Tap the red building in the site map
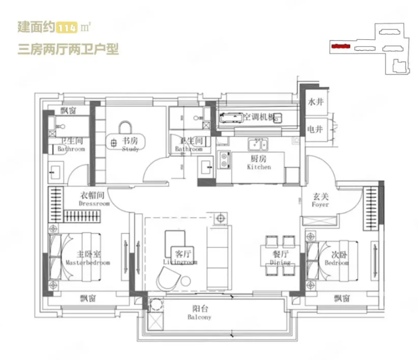[x=340, y=46]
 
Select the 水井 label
[x=315, y=103]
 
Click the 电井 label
[x=315, y=129]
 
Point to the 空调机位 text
[x=259, y=117]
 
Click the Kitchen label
[x=259, y=163]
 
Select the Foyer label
[x=320, y=201]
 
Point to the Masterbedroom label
[x=88, y=259]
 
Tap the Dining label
[x=280, y=258]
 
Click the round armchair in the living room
[x=169, y=279]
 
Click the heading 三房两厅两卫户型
[x=68, y=49]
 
